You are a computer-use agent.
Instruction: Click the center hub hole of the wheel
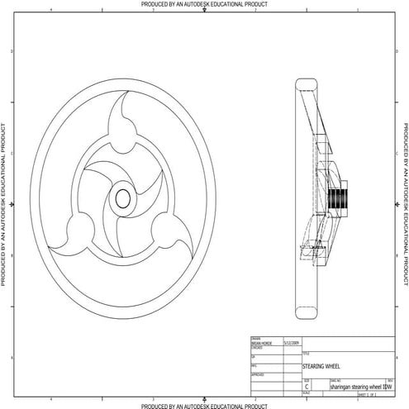coord(122,198)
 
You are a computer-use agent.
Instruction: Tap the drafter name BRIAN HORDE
coord(261,341)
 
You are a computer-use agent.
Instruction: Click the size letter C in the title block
coord(307,386)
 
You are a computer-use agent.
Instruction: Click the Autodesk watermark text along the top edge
coord(204,4)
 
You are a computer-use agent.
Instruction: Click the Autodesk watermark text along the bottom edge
coord(204,405)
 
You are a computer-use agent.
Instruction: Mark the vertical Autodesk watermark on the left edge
coord(4,205)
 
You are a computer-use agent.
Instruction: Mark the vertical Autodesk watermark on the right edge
coord(405,205)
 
